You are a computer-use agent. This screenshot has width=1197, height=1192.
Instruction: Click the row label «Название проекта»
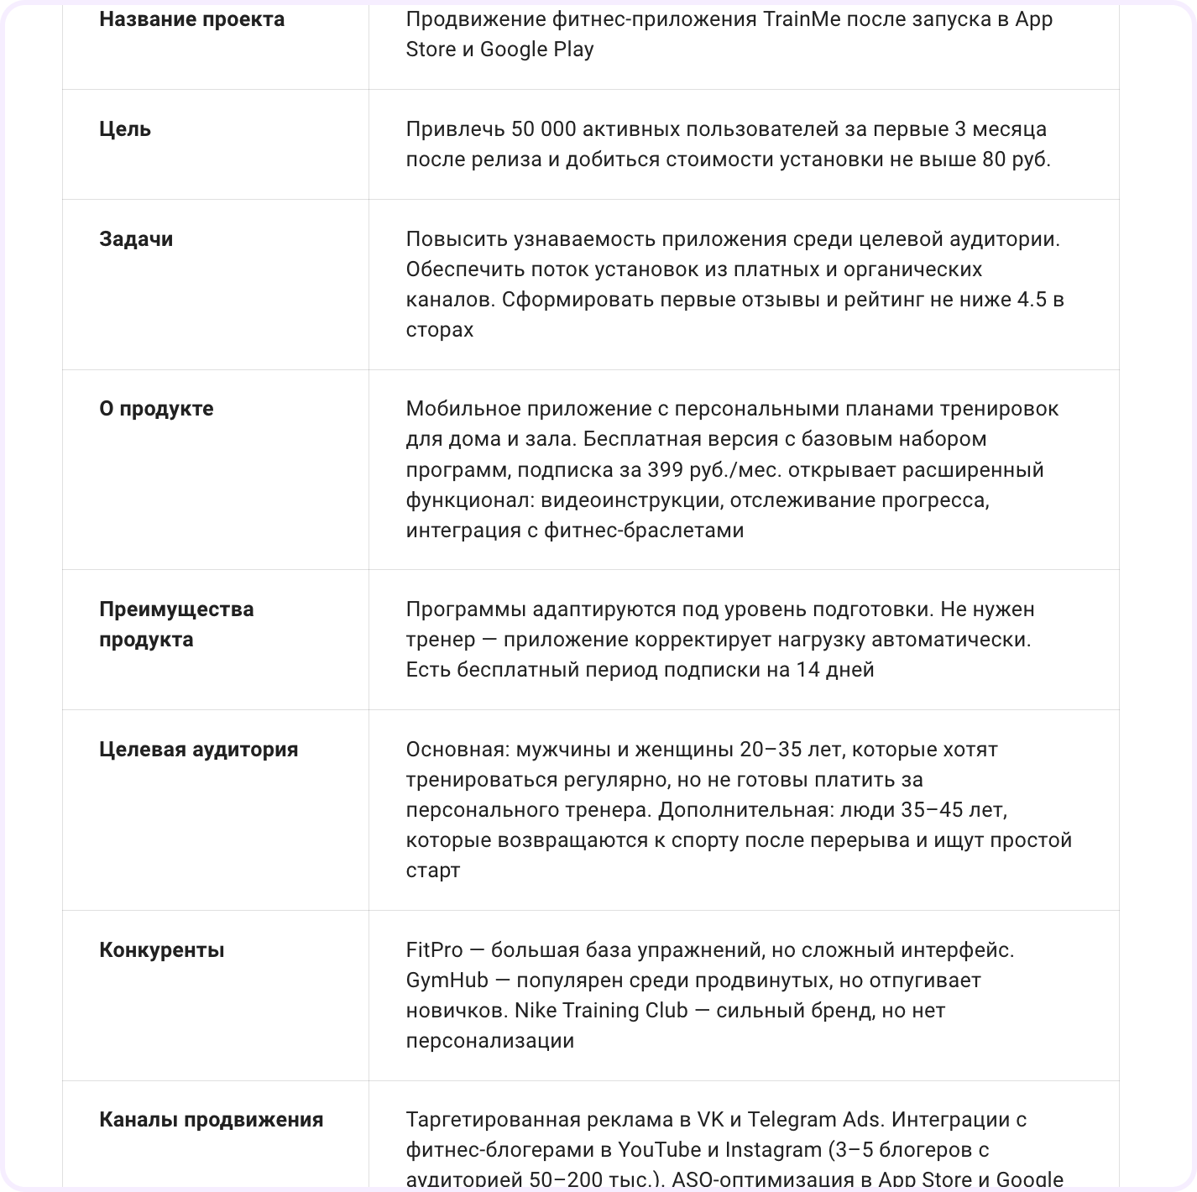pyautogui.click(x=191, y=19)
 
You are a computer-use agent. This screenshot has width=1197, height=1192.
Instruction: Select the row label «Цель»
pyautogui.click(x=125, y=129)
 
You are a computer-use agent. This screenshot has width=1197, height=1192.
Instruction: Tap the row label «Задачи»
pyautogui.click(x=136, y=239)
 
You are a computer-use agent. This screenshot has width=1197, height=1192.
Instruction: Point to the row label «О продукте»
pyautogui.click(x=156, y=409)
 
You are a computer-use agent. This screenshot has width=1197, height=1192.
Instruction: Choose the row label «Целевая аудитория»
pyautogui.click(x=198, y=750)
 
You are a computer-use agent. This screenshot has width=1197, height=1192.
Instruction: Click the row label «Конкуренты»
pyautogui.click(x=161, y=950)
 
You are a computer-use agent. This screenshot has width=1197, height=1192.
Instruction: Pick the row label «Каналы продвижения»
pyautogui.click(x=211, y=1120)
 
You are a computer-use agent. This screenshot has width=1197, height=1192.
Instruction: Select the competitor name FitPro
pyautogui.click(x=434, y=950)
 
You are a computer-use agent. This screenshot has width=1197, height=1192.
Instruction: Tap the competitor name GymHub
pyautogui.click(x=447, y=980)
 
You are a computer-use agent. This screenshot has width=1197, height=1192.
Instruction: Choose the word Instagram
pyautogui.click(x=772, y=1150)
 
